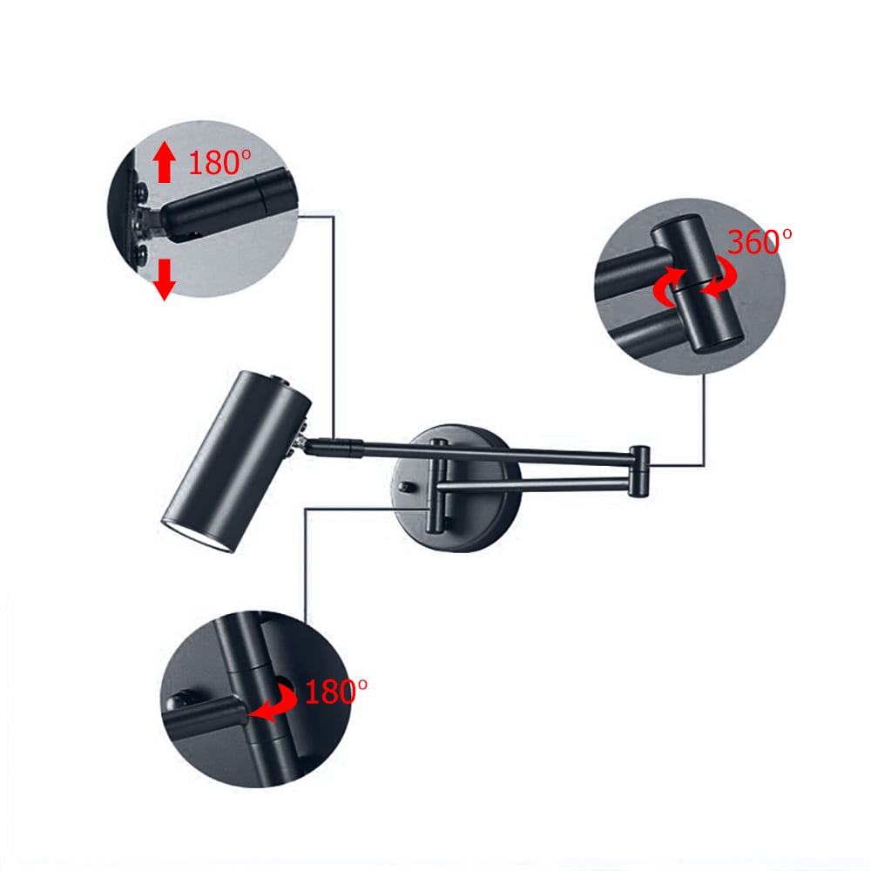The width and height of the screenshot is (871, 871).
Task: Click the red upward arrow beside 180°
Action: pyautogui.click(x=163, y=164)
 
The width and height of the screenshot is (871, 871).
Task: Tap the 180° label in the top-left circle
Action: pyautogui.click(x=219, y=162)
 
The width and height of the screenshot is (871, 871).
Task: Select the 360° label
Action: pyautogui.click(x=760, y=241)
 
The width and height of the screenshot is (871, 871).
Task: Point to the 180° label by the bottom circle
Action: pyautogui.click(x=335, y=692)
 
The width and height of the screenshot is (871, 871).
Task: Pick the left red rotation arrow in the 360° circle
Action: pyautogui.click(x=667, y=287)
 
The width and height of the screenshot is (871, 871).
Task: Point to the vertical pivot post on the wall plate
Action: pyautogui.click(x=436, y=488)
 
